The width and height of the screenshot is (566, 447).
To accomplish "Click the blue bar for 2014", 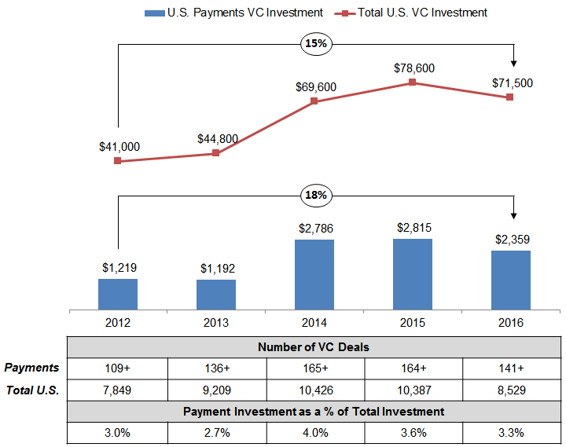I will click(314, 274).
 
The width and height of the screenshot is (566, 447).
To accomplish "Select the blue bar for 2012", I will click(118, 293).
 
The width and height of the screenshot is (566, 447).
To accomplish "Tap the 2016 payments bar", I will click(510, 280).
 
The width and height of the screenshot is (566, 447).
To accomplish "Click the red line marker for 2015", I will click(412, 82).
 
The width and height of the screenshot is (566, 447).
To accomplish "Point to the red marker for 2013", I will click(216, 153).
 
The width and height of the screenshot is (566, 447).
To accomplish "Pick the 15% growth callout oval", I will click(315, 44).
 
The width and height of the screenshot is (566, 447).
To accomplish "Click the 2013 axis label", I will click(216, 322).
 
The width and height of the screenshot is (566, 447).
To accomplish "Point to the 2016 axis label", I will click(510, 322).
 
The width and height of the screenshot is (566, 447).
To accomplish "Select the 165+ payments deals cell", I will click(314, 367).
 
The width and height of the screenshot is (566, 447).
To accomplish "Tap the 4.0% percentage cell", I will click(314, 432).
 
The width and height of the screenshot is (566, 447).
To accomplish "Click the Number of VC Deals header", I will click(314, 346).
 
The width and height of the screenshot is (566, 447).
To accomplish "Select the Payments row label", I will click(31, 367).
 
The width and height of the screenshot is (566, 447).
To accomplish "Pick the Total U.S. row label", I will click(33, 388).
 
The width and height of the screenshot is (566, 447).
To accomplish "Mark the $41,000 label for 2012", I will click(119, 146).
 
